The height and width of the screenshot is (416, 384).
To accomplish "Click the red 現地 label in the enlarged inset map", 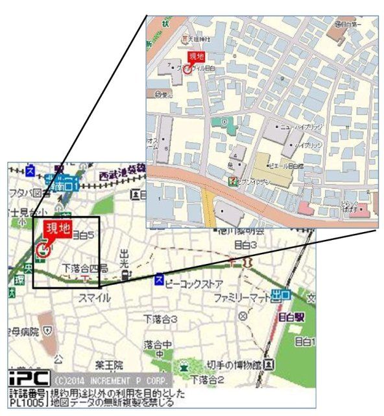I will (196, 57).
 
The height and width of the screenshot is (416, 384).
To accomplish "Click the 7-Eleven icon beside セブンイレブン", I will (231, 180).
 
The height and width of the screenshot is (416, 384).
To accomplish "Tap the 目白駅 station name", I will (289, 317).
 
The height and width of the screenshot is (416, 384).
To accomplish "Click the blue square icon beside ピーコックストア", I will (159, 280).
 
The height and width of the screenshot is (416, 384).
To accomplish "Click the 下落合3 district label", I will (160, 318).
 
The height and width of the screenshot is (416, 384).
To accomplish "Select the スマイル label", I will (94, 298).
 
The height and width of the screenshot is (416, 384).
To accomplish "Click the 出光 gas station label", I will (125, 257).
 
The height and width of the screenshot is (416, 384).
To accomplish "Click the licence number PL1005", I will (27, 402).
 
